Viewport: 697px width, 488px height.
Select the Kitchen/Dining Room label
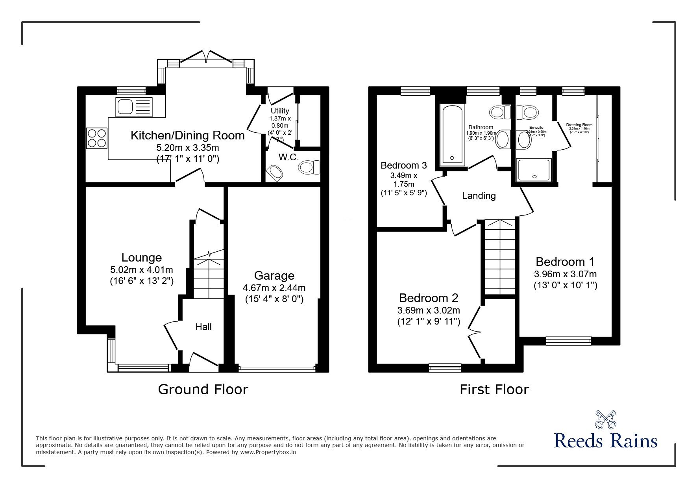coord(187,135)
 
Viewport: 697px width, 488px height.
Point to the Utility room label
coord(280,111)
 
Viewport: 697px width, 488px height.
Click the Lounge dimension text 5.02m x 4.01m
coord(142,270)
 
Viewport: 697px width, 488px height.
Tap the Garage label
coord(274,275)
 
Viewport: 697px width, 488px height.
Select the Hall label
coord(203,327)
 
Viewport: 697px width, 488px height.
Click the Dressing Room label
coord(579,125)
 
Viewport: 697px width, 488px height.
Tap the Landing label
coord(479,195)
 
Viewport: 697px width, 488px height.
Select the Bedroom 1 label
coord(565,262)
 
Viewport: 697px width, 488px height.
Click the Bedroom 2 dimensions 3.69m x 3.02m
coord(429,310)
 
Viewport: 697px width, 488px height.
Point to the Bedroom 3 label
coord(403,165)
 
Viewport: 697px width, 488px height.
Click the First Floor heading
coord(494,389)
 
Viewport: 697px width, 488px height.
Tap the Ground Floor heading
coord(203,389)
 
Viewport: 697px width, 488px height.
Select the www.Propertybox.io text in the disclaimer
coord(268,452)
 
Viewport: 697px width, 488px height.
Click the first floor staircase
coord(499,256)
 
